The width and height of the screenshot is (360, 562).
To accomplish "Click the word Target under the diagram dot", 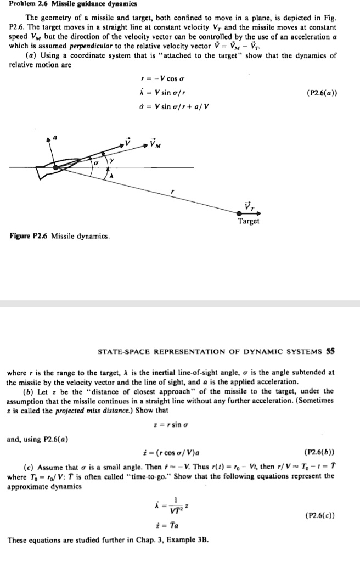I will [x=249, y=221].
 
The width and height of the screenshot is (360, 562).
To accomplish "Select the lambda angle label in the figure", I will [x=111, y=177].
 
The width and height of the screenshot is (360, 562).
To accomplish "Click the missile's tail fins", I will [x=42, y=172].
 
